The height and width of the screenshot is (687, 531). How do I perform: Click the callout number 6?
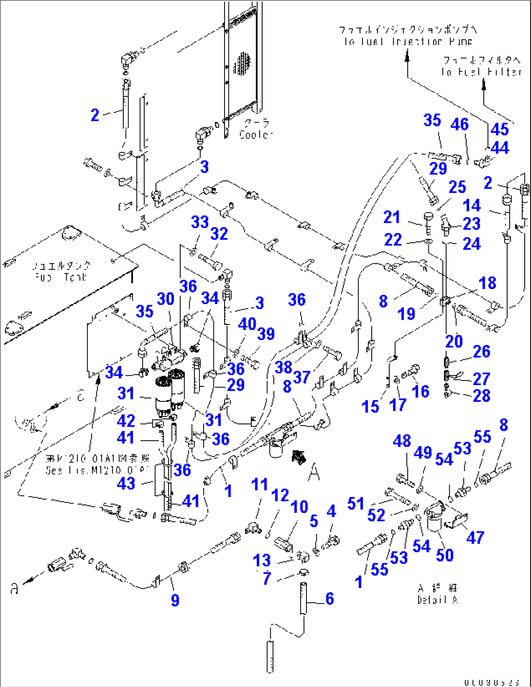pos(330,598)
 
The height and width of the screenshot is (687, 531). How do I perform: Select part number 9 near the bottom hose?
pos(175,600)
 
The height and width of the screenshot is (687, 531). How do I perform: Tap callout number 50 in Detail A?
pos(444,555)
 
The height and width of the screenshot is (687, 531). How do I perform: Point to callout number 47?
pos(475,537)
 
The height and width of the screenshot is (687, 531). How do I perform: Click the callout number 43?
pos(126,483)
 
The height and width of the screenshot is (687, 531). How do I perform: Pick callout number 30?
pos(166,299)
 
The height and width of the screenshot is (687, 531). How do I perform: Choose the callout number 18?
pos(487,283)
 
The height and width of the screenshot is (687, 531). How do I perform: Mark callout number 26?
pos(481,351)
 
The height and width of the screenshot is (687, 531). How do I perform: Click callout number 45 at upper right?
pos(499,129)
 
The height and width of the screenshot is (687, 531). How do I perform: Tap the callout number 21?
pos(392,217)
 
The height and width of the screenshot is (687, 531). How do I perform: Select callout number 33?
pos(200,222)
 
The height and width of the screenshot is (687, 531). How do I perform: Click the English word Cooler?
pos(256,134)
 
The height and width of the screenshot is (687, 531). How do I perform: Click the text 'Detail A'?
pos(437,600)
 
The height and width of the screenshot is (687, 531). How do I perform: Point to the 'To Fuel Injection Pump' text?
pos(408,42)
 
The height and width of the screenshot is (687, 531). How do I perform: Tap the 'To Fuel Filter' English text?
pos(481,72)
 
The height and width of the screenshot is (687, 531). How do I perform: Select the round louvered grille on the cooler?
pos(242,64)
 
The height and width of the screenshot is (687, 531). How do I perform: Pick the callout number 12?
pos(280,495)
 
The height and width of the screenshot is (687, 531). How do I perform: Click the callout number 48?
pos(402,441)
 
